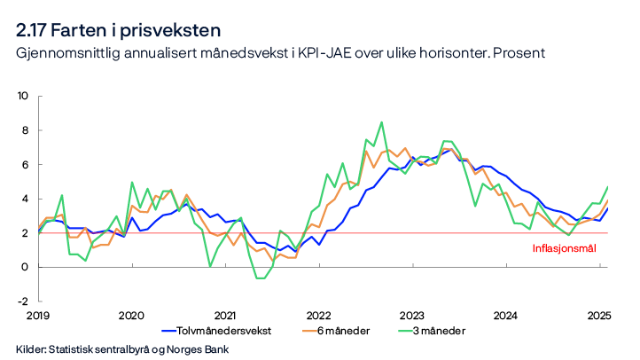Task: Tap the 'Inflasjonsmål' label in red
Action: tap(564, 248)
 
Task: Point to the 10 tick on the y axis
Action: tap(24, 96)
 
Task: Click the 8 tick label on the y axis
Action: tap(27, 130)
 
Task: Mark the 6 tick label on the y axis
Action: tap(27, 164)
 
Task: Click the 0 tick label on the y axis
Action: tap(27, 267)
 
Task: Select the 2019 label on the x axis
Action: tap(37, 315)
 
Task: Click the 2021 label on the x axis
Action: tap(225, 315)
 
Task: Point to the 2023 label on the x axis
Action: tap(413, 315)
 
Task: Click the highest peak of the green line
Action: tap(381, 122)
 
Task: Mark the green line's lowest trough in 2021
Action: tap(260, 278)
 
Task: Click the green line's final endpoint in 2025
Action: tap(607, 186)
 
